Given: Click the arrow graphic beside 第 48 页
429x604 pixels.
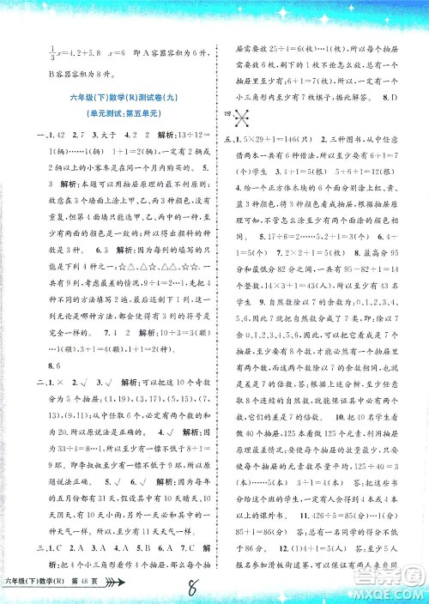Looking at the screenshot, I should pyautogui.click(x=117, y=588).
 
